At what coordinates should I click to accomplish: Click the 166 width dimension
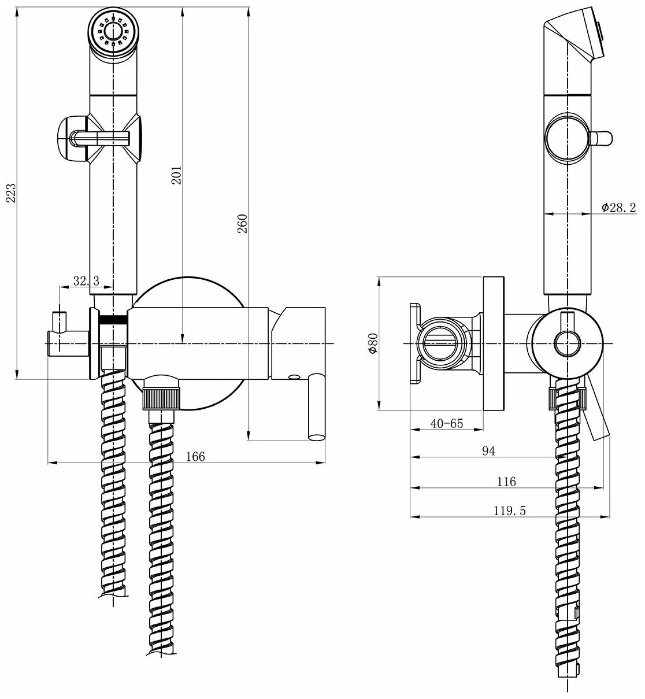pyautogui.click(x=195, y=456)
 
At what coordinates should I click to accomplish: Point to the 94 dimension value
pyautogui.click(x=489, y=451)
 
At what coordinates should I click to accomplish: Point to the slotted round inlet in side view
pyautogui.click(x=440, y=344)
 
